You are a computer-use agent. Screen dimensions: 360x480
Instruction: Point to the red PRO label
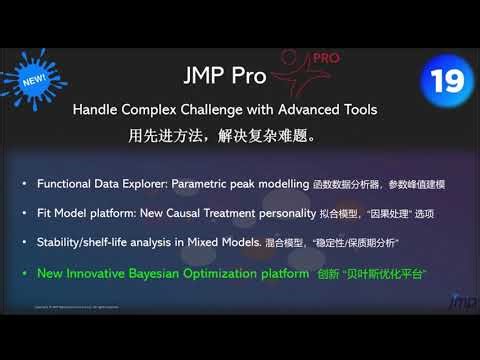tap(325, 59)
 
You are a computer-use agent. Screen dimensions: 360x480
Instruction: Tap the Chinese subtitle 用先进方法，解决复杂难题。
tap(229, 132)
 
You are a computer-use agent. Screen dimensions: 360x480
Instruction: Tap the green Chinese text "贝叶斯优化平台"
tap(384, 272)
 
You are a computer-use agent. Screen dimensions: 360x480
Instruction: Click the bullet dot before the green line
tap(24, 272)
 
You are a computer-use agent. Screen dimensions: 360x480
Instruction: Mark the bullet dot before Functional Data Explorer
tap(24, 186)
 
